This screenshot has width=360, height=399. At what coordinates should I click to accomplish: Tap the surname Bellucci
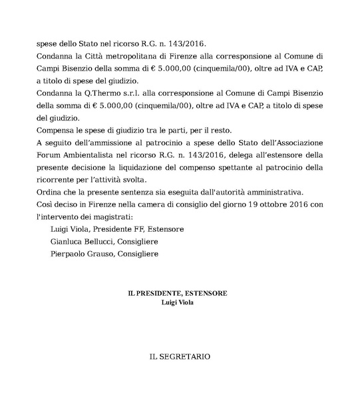pyautogui.click(x=110, y=241)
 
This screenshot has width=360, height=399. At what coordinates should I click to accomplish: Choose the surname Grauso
pyautogui.click(x=114, y=254)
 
